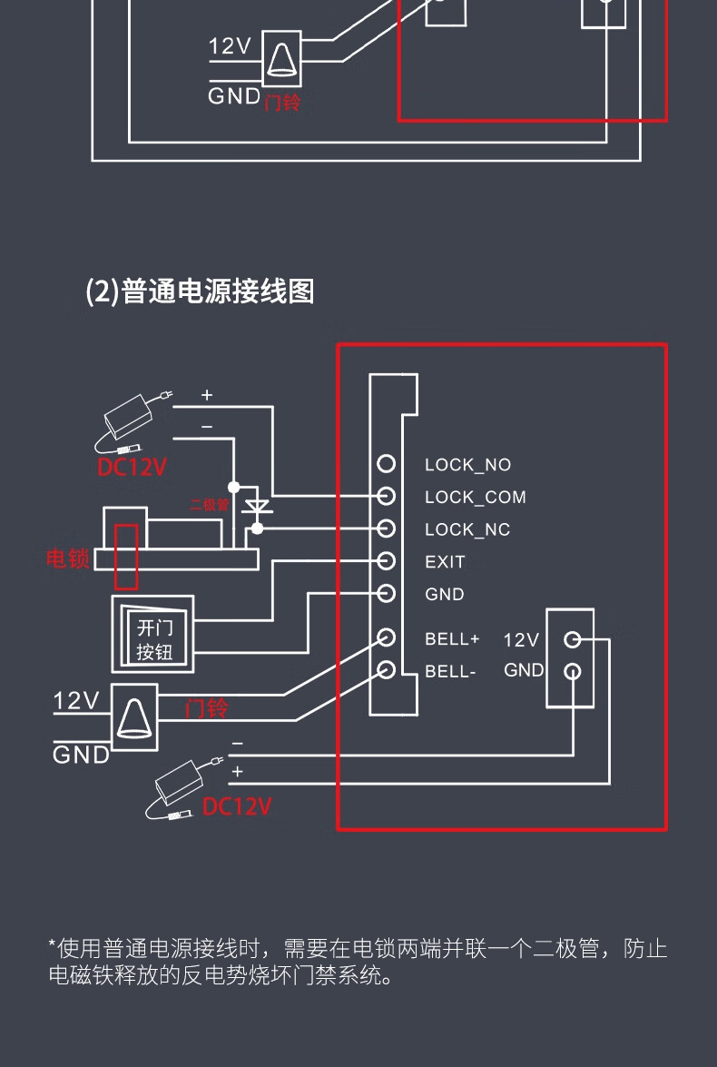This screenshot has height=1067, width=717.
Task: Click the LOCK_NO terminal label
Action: pyautogui.click(x=467, y=465)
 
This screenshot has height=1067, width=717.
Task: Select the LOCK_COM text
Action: pyautogui.click(x=475, y=498)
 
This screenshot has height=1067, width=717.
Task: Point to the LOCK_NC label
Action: pyautogui.click(x=467, y=529)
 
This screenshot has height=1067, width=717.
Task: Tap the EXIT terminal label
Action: pyautogui.click(x=445, y=562)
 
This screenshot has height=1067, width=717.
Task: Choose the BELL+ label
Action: pyautogui.click(x=452, y=638)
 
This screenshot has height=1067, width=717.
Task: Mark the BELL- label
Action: pyautogui.click(x=450, y=672)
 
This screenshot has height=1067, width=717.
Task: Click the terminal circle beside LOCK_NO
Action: pyautogui.click(x=387, y=464)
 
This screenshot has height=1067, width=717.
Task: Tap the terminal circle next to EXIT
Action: pyautogui.click(x=387, y=560)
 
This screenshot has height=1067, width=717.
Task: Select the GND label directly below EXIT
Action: pyautogui.click(x=445, y=595)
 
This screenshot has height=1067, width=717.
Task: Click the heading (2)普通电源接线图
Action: pyautogui.click(x=200, y=291)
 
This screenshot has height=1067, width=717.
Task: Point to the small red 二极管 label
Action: pyautogui.click(x=209, y=505)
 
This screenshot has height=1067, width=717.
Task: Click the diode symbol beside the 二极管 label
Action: pyautogui.click(x=258, y=505)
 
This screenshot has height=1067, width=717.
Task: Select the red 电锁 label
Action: pyautogui.click(x=68, y=558)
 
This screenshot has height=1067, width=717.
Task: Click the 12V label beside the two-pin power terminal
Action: pyautogui.click(x=521, y=640)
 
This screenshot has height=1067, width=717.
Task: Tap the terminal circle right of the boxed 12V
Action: pyautogui.click(x=572, y=639)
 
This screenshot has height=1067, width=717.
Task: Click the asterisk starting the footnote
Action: pyautogui.click(x=53, y=948)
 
